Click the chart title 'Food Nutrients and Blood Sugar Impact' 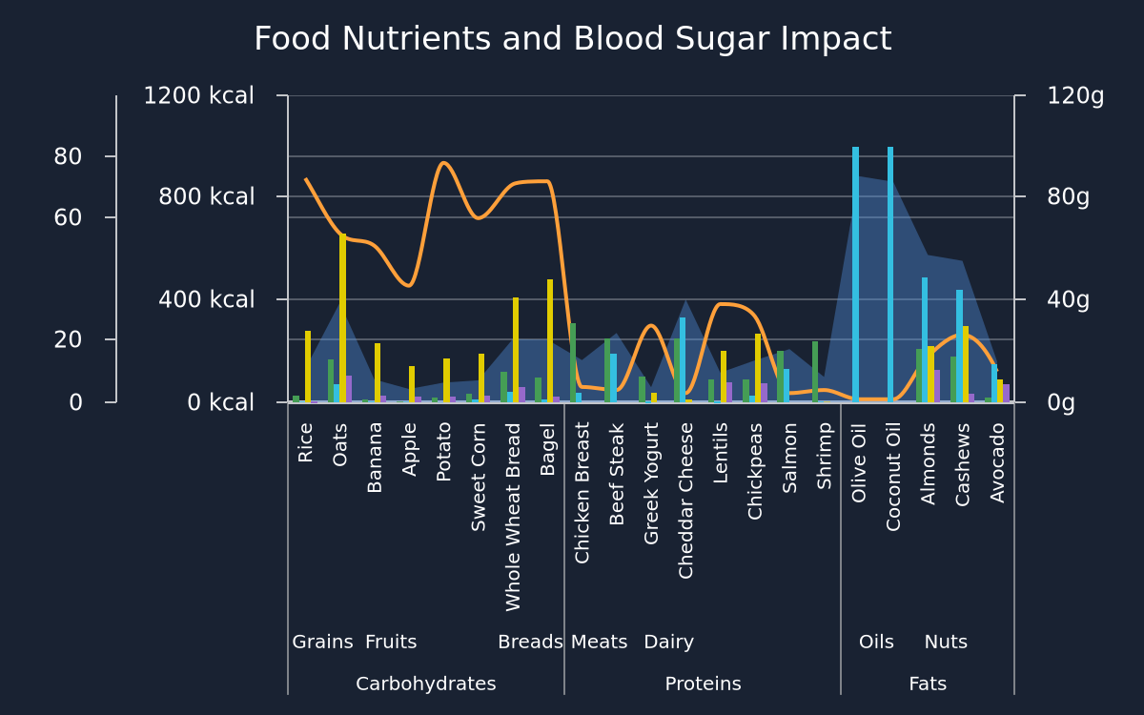573,39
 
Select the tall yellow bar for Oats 342,317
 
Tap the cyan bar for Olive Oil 855,275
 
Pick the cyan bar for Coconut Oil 890,275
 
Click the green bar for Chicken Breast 573,362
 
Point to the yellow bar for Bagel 550,340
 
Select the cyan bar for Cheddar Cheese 683,359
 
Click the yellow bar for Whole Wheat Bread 516,350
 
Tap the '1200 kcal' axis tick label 198,95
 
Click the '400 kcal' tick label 206,299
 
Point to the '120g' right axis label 1075,95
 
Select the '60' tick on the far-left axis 68,217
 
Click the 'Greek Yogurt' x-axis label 650,483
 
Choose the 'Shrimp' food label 824,456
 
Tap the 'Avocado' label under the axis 997,462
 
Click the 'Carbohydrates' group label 426,684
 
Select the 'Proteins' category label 703,684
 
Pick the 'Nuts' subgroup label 946,642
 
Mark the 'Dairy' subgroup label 669,642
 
